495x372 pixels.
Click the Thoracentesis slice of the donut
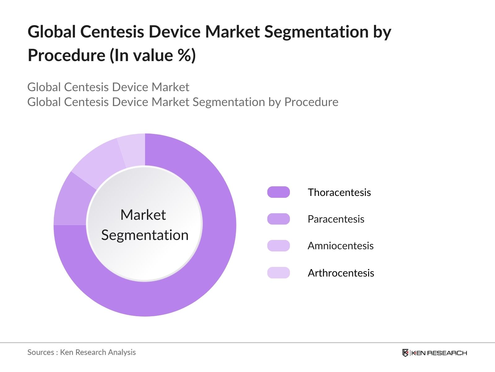tap(201, 263)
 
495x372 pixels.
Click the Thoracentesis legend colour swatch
tap(278, 192)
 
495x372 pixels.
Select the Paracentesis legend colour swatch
tap(278, 219)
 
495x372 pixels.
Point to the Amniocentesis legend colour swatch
tap(278, 246)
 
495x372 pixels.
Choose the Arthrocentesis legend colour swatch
tap(278, 273)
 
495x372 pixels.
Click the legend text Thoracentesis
tap(339, 192)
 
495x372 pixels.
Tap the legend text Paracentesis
tap(336, 219)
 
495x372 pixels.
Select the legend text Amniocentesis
tap(340, 246)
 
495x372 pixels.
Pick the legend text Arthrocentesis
tap(341, 273)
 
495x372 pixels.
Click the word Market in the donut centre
tap(143, 215)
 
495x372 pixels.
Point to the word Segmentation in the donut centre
tap(145, 235)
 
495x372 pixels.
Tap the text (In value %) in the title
tap(153, 55)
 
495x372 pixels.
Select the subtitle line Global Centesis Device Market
tap(108, 87)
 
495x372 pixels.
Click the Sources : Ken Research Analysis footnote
tap(81, 352)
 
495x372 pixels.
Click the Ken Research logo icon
tap(405, 353)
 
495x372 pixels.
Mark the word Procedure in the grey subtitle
tap(311, 102)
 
